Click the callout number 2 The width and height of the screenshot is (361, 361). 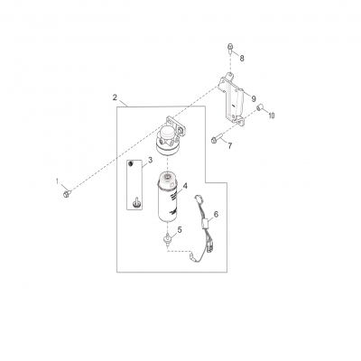coord(115,96)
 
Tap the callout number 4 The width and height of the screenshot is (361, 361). coord(184,187)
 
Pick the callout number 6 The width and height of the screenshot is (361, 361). coord(215,213)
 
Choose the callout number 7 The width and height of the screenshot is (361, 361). coord(229,144)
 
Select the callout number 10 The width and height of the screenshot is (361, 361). coord(271,116)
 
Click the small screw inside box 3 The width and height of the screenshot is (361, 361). coord(135,202)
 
